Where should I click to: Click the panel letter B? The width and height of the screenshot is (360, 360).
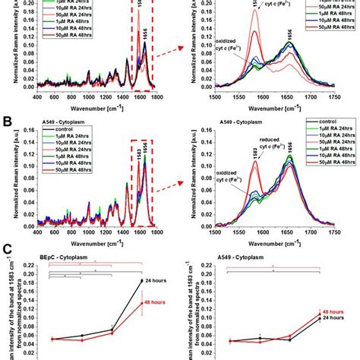6,122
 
